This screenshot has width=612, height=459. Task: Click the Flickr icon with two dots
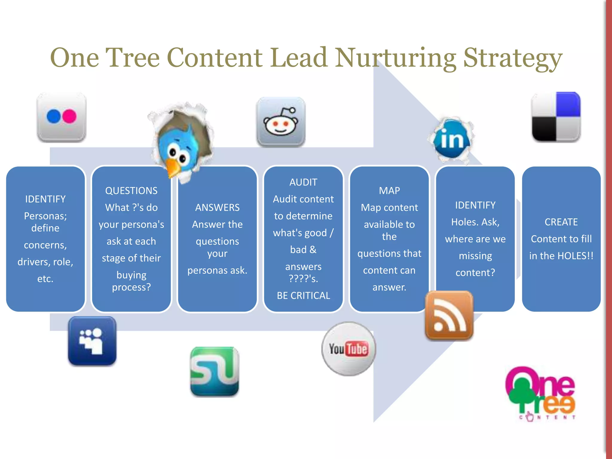[x=62, y=117]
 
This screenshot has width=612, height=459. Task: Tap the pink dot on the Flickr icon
[x=69, y=116]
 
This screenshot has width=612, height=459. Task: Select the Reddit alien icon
[x=281, y=122]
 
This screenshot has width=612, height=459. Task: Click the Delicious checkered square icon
[x=556, y=117]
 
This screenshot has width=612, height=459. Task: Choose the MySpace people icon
[x=92, y=341]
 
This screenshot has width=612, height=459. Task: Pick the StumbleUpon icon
[x=215, y=371]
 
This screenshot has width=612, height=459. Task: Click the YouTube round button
[x=348, y=349]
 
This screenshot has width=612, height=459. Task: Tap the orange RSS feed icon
[x=449, y=316]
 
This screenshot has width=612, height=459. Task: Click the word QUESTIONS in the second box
[x=131, y=191]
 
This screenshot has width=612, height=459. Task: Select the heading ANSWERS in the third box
[x=217, y=207]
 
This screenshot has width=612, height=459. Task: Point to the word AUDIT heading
[x=303, y=182]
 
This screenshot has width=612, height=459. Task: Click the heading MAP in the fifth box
[x=389, y=191]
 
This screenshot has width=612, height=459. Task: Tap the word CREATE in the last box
[x=561, y=222]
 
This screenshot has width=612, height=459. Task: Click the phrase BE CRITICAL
[x=303, y=296]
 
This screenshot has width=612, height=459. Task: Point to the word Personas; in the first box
[x=45, y=216]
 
